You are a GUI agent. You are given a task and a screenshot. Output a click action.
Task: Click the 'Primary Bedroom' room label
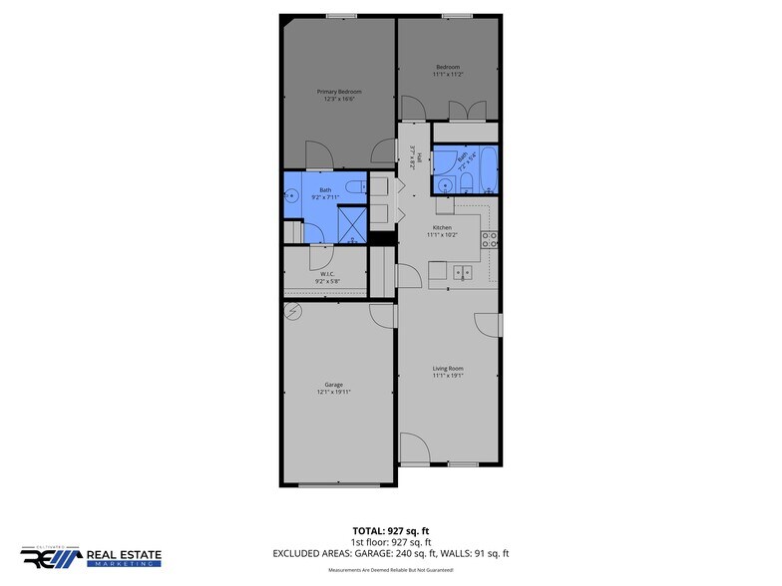[339, 92]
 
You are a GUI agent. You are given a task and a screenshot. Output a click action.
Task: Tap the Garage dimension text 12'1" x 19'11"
[332, 392]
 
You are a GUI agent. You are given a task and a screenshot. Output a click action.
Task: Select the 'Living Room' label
[448, 369]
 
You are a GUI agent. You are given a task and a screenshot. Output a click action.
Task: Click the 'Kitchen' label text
[441, 227]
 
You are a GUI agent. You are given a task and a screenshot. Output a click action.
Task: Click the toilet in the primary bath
[355, 187]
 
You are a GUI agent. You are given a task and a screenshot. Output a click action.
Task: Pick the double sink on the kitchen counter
[462, 271]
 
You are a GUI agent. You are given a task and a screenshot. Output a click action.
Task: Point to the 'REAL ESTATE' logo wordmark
[125, 553]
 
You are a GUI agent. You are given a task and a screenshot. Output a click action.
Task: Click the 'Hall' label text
[420, 157]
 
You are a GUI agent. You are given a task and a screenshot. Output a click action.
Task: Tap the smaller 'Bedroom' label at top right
[447, 68]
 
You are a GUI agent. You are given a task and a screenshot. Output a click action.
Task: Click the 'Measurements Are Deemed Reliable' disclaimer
[391, 570]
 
